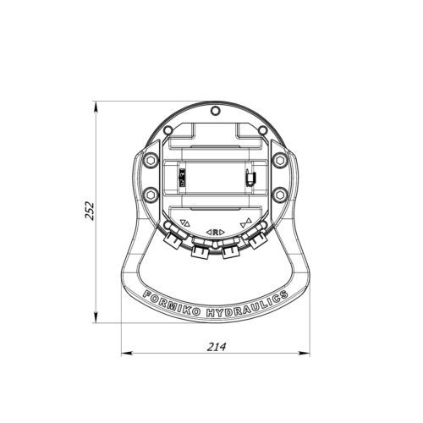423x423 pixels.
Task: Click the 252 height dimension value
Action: point(90,211)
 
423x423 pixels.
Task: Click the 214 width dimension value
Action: point(217,347)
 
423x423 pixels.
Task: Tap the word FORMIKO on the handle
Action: point(171,304)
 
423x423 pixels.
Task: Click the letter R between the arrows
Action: point(216,233)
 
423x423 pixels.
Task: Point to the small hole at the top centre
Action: point(215,111)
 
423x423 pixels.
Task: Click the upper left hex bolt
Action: point(150,160)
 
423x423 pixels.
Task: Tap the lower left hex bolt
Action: point(150,195)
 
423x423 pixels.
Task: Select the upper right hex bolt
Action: point(280,160)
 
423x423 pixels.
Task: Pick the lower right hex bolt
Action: point(280,195)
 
